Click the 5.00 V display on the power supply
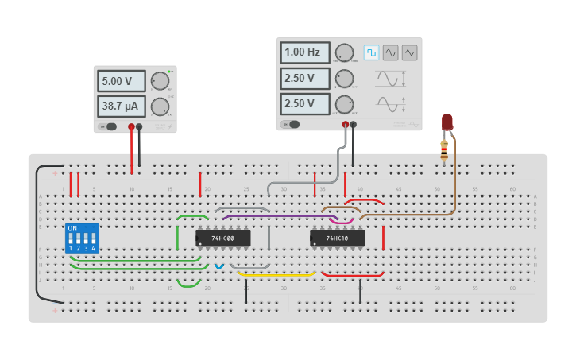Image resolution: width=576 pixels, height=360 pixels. click(122, 81)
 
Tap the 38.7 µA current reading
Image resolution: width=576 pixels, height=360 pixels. click(122, 106)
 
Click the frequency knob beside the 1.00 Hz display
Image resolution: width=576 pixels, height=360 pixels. click(344, 53)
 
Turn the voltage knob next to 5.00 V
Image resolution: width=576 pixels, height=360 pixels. click(160, 81)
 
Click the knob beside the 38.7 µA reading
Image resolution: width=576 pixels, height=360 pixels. click(160, 106)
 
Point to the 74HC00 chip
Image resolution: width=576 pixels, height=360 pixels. click(222, 238)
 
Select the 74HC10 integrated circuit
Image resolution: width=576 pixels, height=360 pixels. click(337, 238)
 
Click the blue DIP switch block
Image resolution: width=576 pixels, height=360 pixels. click(82, 238)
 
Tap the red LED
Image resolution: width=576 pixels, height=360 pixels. click(447, 122)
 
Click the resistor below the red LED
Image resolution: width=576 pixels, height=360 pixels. click(444, 149)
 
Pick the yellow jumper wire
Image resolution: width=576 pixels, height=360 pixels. click(276, 275)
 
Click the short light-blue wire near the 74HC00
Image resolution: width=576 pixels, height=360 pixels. click(220, 266)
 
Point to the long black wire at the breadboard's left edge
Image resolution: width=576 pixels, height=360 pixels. click(37, 238)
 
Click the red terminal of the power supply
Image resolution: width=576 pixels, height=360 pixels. click(131, 126)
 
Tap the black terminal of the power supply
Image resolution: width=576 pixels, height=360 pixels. click(139, 126)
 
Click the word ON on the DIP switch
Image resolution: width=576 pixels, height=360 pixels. click(72, 229)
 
